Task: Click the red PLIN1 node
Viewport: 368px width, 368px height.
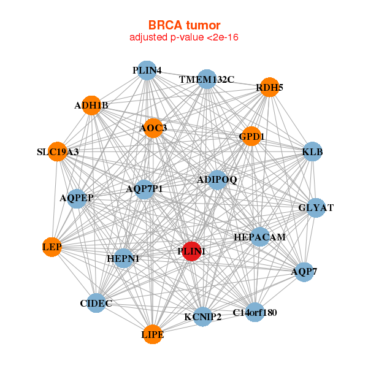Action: click(x=192, y=251)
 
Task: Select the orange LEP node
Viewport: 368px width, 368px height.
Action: click(x=53, y=247)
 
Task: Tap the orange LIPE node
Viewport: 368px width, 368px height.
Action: click(x=153, y=334)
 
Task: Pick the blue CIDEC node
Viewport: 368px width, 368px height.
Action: click(x=96, y=303)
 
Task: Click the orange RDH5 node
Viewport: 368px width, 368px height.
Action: click(x=269, y=88)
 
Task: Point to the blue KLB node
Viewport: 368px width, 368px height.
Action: click(x=313, y=151)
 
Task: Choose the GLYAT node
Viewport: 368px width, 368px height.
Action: click(x=316, y=208)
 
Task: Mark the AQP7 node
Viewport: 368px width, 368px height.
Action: click(x=304, y=271)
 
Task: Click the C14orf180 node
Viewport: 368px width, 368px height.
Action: click(x=255, y=313)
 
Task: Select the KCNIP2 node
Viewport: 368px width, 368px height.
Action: click(x=203, y=316)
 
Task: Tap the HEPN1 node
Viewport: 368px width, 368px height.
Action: click(x=123, y=259)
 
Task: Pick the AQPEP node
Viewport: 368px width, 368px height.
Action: click(x=77, y=198)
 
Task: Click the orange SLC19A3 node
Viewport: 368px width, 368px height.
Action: click(x=57, y=151)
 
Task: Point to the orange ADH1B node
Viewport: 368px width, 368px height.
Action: click(x=91, y=105)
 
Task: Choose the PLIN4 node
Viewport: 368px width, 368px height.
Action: click(x=146, y=71)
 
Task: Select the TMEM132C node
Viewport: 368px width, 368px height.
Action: click(x=207, y=80)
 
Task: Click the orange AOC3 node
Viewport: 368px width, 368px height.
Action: click(x=153, y=128)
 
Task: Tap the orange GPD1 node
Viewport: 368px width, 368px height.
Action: click(x=251, y=137)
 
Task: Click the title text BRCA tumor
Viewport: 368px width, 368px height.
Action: click(x=184, y=25)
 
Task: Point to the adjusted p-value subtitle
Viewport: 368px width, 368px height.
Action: click(x=184, y=37)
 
